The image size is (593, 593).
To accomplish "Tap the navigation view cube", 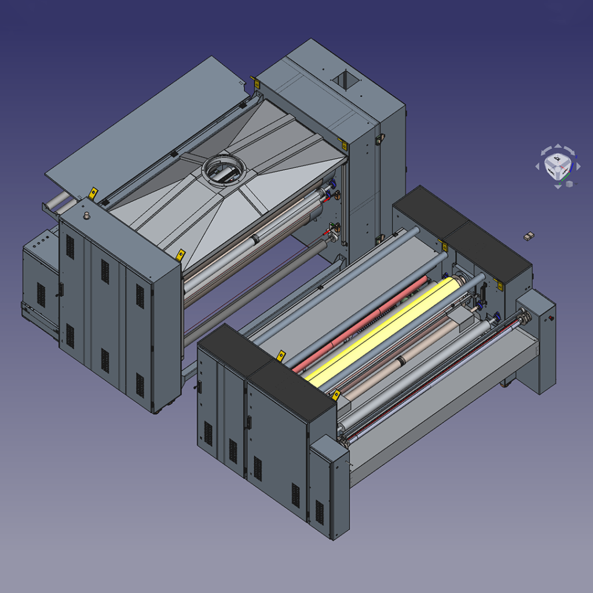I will point(557,166).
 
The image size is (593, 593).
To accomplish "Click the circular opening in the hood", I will point(224,169).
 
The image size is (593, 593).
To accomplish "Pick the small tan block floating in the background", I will point(528,236).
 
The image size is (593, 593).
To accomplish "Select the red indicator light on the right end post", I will point(551,318).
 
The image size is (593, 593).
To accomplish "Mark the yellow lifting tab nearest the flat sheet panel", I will point(92,192).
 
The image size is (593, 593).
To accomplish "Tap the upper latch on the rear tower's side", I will point(380,139).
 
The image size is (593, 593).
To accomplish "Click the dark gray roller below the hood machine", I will point(255,290).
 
